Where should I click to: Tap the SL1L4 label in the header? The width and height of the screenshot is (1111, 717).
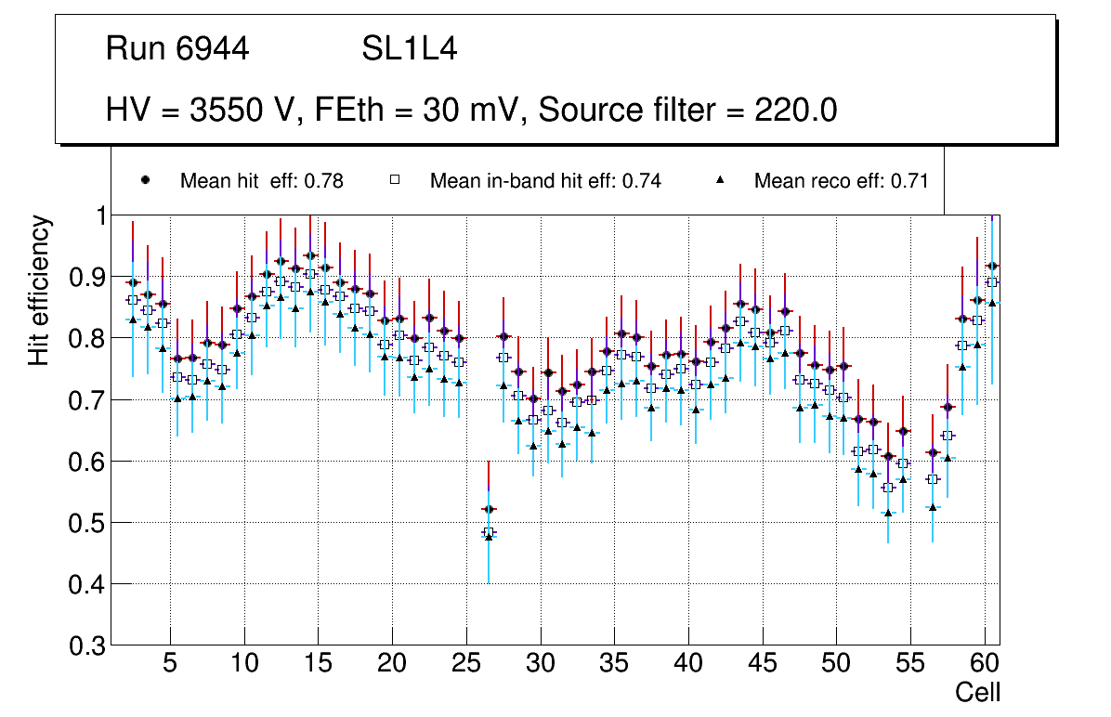[x=409, y=49]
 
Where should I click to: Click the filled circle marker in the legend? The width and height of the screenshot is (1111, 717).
[x=146, y=180]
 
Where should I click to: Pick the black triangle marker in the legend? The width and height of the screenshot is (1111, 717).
[x=721, y=180]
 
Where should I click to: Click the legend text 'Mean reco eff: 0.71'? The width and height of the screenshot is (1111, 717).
[x=841, y=181]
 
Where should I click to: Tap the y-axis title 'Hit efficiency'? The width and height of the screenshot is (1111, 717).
[x=40, y=290]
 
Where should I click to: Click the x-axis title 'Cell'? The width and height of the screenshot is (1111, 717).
[x=978, y=692]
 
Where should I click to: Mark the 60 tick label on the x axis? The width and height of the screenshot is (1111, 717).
[x=985, y=664]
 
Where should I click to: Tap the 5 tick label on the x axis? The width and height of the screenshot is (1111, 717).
[x=170, y=664]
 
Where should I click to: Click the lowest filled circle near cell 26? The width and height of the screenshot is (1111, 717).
[x=489, y=509]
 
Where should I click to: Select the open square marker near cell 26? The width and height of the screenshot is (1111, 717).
[x=489, y=533]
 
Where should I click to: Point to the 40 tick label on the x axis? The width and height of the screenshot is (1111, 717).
[x=687, y=664]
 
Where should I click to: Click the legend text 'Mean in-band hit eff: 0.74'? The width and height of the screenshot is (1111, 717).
[x=545, y=181]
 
